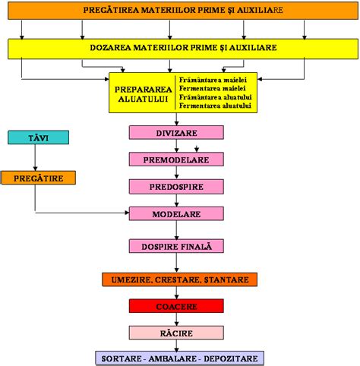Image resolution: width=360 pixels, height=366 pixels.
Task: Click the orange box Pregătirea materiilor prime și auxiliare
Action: pyautogui.click(x=179, y=11)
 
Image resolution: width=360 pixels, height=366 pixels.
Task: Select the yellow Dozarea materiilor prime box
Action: pyautogui.click(x=179, y=48)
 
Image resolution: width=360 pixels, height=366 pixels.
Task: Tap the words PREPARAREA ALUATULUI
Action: pyautogui.click(x=143, y=93)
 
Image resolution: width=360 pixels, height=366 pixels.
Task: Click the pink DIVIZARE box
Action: pyautogui.click(x=176, y=131)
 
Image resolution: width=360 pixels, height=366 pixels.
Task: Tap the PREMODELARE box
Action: pyautogui.click(x=176, y=159)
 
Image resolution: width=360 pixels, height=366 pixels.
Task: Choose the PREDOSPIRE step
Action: pyautogui.click(x=176, y=185)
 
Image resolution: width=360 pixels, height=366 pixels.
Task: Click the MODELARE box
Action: pyautogui.click(x=176, y=214)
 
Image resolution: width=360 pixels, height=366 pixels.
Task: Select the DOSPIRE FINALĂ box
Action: pyautogui.click(x=176, y=246)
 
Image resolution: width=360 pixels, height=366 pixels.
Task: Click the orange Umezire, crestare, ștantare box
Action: pyautogui.click(x=175, y=279)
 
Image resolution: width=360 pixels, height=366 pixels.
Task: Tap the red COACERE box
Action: pyautogui.click(x=175, y=306)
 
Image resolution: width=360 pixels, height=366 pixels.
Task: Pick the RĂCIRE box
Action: pyautogui.click(x=175, y=333)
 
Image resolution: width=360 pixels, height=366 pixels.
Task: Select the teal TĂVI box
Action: pyautogui.click(x=39, y=137)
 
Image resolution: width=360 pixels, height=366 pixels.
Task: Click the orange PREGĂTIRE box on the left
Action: pyautogui.click(x=39, y=178)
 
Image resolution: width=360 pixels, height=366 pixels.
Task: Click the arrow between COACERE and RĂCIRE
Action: pyautogui.click(x=176, y=320)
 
